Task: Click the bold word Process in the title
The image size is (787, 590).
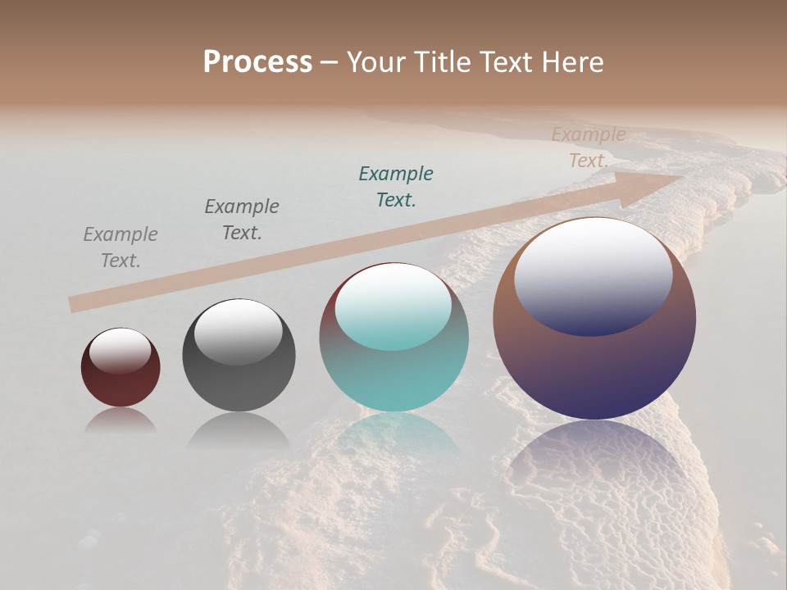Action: pos(257,62)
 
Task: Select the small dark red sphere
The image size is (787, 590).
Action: pos(121,379)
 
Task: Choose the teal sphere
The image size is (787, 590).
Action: pos(393,369)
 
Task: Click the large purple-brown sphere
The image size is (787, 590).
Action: pos(594,361)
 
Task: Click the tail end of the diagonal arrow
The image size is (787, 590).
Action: pos(72,304)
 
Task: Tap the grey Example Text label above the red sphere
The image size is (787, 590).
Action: pos(121,247)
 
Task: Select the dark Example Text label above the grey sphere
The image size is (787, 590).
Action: pos(242,220)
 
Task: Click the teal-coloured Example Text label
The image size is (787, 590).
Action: pos(396,187)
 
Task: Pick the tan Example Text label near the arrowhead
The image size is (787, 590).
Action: pos(589,147)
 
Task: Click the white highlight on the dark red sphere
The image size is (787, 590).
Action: pos(120,351)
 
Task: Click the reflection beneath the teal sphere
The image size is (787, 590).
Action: pos(393,434)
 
